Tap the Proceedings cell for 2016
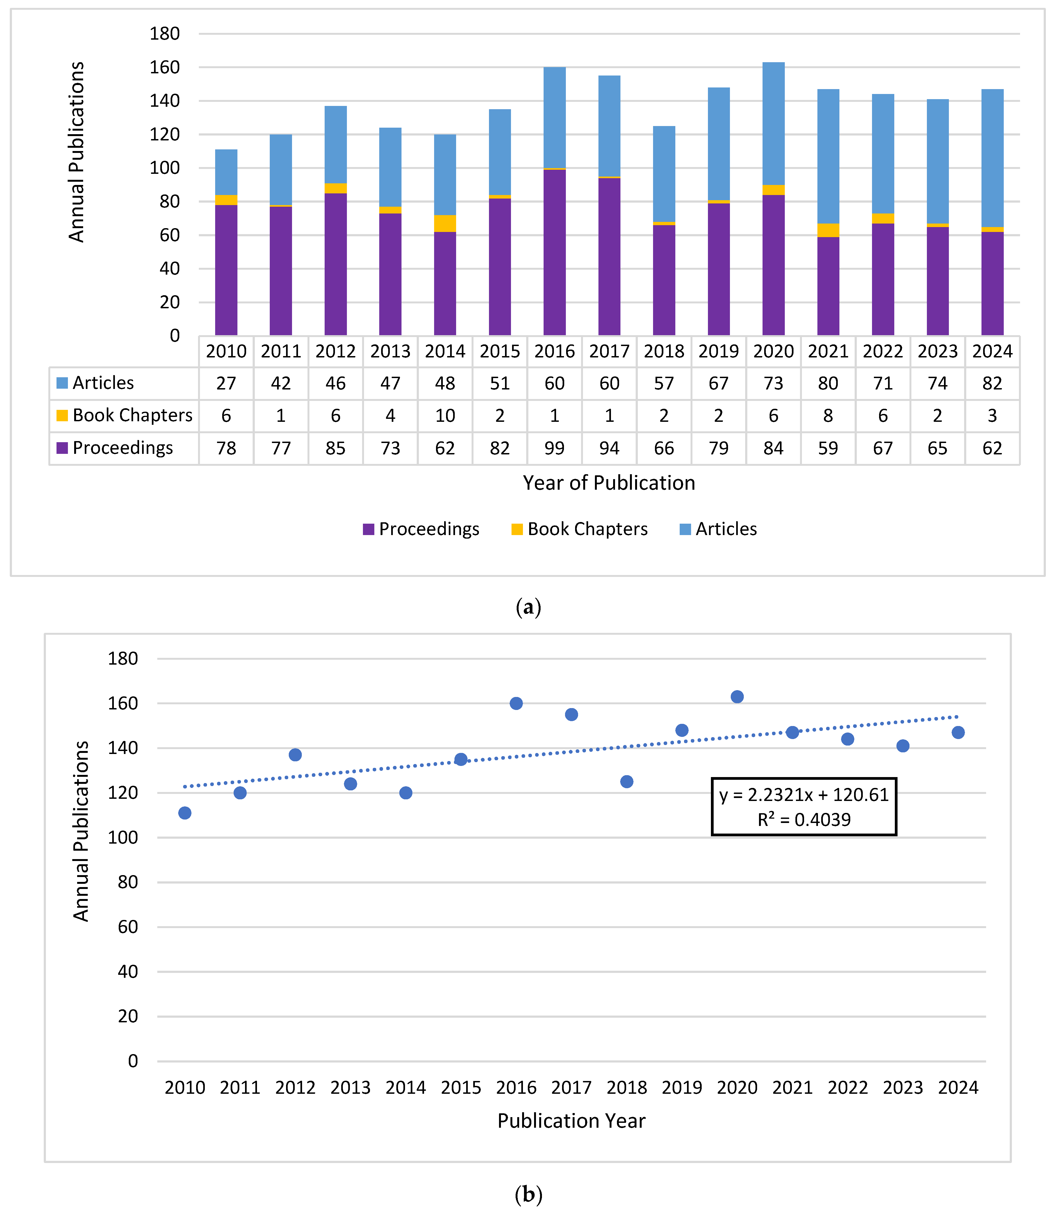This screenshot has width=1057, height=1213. point(554,448)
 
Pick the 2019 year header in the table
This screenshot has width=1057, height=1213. point(719,351)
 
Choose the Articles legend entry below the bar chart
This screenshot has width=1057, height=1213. point(726,529)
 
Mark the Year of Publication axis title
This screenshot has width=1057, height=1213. point(609,483)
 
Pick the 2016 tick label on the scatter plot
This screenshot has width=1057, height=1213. point(516,1088)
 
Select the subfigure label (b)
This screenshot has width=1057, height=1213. point(528,1195)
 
